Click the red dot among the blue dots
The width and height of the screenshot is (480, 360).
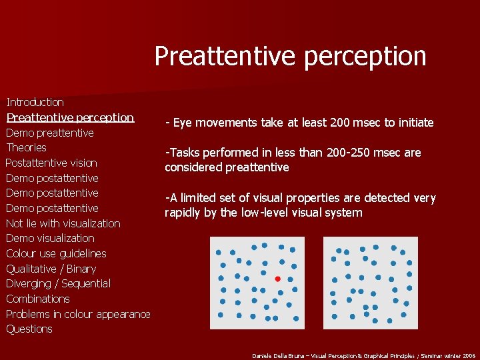277,279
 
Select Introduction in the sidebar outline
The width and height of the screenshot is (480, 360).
35,102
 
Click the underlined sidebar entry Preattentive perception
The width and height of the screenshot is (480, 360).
70,117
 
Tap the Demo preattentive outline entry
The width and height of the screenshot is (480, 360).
50,133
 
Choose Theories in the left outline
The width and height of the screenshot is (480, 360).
26,147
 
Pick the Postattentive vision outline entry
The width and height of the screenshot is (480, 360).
51,163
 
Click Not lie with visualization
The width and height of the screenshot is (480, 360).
63,223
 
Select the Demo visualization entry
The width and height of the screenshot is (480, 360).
50,238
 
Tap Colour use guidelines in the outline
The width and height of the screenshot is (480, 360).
56,253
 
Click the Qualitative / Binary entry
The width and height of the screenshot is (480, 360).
51,269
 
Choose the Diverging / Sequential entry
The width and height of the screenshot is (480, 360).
58,283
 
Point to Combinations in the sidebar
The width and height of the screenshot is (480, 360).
38,299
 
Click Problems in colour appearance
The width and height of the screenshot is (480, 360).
78,314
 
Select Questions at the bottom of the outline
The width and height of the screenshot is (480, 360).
29,329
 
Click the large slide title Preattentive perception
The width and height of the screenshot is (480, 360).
290,56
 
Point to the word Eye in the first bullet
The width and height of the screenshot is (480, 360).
183,123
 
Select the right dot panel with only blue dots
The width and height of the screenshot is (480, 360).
370,283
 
